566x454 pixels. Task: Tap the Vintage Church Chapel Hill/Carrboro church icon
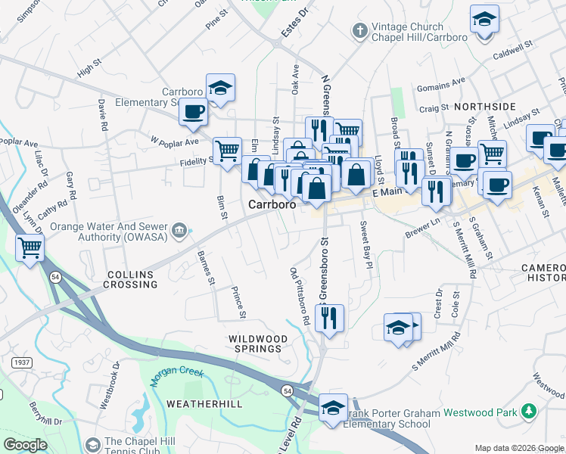click(x=360, y=31)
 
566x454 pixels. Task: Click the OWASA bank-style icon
click(x=179, y=230)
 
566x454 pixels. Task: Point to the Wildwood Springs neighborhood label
click(x=260, y=344)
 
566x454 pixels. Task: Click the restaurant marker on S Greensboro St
click(x=329, y=318)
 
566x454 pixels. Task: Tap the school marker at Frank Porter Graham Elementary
click(x=333, y=407)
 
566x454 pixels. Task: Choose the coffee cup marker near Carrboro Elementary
click(x=193, y=112)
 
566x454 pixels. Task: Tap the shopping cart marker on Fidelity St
click(x=227, y=151)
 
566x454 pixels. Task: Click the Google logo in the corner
click(x=26, y=444)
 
